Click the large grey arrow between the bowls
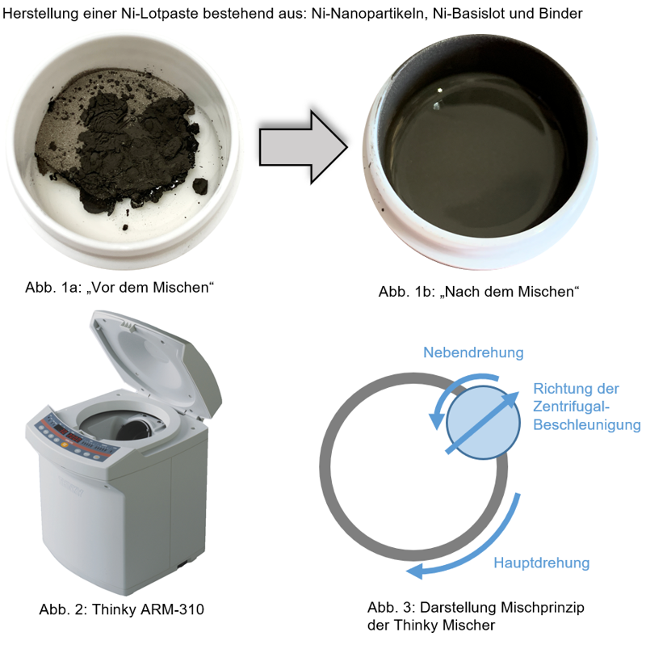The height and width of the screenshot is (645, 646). click(x=304, y=147)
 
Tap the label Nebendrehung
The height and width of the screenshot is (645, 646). click(x=473, y=352)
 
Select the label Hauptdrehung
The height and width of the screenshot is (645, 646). click(x=541, y=563)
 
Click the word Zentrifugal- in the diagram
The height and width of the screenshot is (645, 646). click(x=571, y=407)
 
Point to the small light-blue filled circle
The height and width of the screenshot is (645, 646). click(x=483, y=423)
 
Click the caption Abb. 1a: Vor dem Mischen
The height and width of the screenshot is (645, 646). click(x=120, y=288)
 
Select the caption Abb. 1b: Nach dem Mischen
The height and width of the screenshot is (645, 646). click(x=479, y=292)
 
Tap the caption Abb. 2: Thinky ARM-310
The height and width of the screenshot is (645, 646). click(x=122, y=609)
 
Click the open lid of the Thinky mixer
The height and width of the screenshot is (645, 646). click(x=157, y=363)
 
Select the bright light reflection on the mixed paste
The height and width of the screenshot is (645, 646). click(x=439, y=90)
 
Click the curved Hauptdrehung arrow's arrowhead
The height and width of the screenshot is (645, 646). click(x=414, y=571)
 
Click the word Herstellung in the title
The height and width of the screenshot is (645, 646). click(x=40, y=14)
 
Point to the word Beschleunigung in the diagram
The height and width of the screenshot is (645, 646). click(x=587, y=425)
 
